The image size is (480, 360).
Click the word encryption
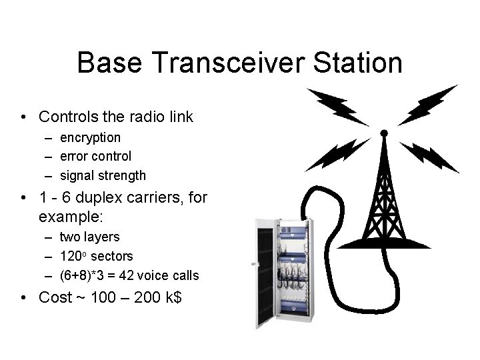click(x=90, y=137)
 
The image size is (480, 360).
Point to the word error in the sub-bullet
click(x=74, y=156)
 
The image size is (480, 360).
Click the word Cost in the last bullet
click(x=55, y=297)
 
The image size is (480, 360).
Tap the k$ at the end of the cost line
click(x=175, y=297)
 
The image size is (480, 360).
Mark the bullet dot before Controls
click(x=23, y=118)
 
